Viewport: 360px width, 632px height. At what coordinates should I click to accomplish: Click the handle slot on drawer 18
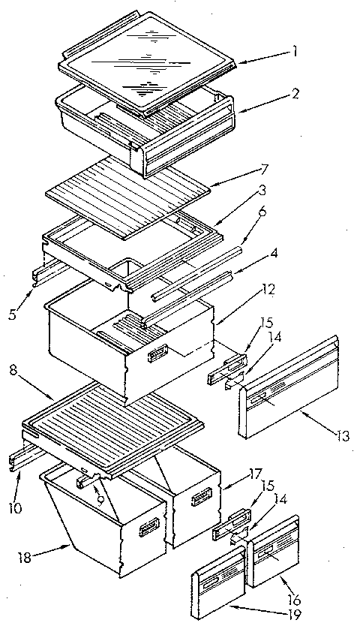[145, 531]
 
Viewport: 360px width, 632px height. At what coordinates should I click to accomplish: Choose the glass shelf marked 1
[150, 64]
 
